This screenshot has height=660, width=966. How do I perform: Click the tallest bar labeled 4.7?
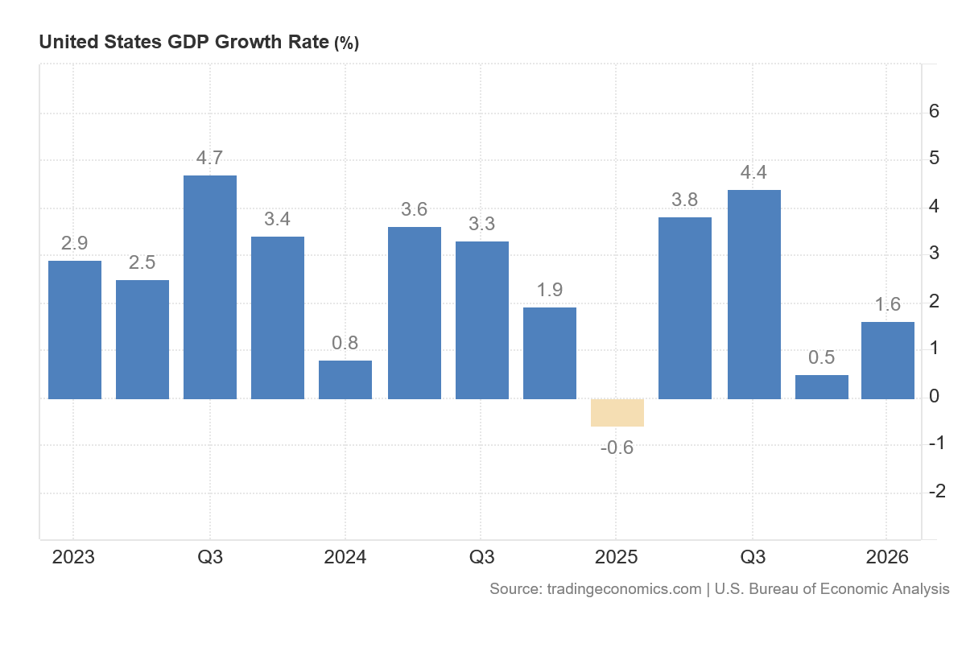[x=210, y=287]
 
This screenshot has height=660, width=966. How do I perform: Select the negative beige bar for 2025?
[x=617, y=413]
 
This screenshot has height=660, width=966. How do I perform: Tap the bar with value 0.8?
[x=345, y=380]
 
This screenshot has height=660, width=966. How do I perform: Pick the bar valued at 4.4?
[x=753, y=295]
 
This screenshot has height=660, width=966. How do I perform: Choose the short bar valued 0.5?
[x=822, y=387]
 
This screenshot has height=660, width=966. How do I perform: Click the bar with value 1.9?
[x=549, y=353]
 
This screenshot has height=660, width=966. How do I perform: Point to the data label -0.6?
[x=617, y=448]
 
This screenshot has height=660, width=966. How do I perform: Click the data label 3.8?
[x=684, y=200]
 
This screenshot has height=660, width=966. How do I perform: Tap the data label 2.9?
[x=74, y=243]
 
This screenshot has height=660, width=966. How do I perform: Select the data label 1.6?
[x=887, y=304]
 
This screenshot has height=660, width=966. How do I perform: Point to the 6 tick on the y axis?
[x=934, y=111]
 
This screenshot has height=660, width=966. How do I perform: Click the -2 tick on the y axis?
[x=937, y=491]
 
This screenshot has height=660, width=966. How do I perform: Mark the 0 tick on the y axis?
[x=934, y=396]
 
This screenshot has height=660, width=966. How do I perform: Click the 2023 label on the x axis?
[x=73, y=557]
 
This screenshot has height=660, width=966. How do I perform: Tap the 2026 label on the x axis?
[x=887, y=557]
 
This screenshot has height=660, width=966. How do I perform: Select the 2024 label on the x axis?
[x=345, y=557]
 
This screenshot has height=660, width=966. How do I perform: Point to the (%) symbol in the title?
[x=346, y=43]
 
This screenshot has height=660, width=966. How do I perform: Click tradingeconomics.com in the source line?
[x=624, y=589]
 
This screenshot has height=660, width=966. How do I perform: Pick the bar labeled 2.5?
[x=142, y=340]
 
